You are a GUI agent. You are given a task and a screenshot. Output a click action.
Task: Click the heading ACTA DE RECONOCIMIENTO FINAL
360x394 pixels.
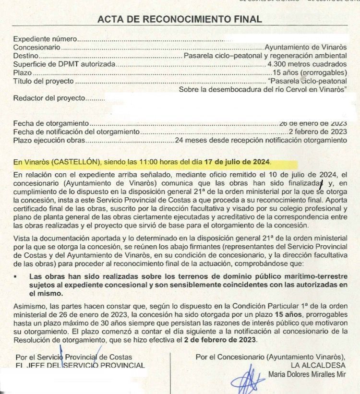(x=180, y=19)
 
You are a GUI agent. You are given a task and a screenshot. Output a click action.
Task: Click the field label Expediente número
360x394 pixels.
(x=45, y=39)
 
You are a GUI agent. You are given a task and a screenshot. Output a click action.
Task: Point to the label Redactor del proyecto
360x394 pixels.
(x=49, y=98)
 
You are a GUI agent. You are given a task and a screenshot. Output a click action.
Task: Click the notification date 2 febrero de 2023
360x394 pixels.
(x=318, y=131)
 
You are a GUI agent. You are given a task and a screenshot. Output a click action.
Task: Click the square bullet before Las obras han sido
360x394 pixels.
(x=16, y=276)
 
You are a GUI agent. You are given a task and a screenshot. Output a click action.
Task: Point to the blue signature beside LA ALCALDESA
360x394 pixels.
(x=248, y=379)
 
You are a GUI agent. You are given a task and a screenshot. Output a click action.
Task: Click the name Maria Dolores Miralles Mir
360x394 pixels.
(x=307, y=374)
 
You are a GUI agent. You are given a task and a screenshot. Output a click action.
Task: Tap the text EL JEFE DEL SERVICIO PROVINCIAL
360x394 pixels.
(x=80, y=365)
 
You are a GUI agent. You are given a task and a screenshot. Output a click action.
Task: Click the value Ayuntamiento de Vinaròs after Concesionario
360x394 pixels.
(x=305, y=48)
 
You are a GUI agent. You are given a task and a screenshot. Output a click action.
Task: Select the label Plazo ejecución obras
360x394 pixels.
(x=49, y=140)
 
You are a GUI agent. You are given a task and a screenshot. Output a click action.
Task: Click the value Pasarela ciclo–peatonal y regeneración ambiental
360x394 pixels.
(x=265, y=56)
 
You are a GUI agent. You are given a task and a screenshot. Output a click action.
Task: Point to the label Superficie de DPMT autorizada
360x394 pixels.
(x=64, y=64)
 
